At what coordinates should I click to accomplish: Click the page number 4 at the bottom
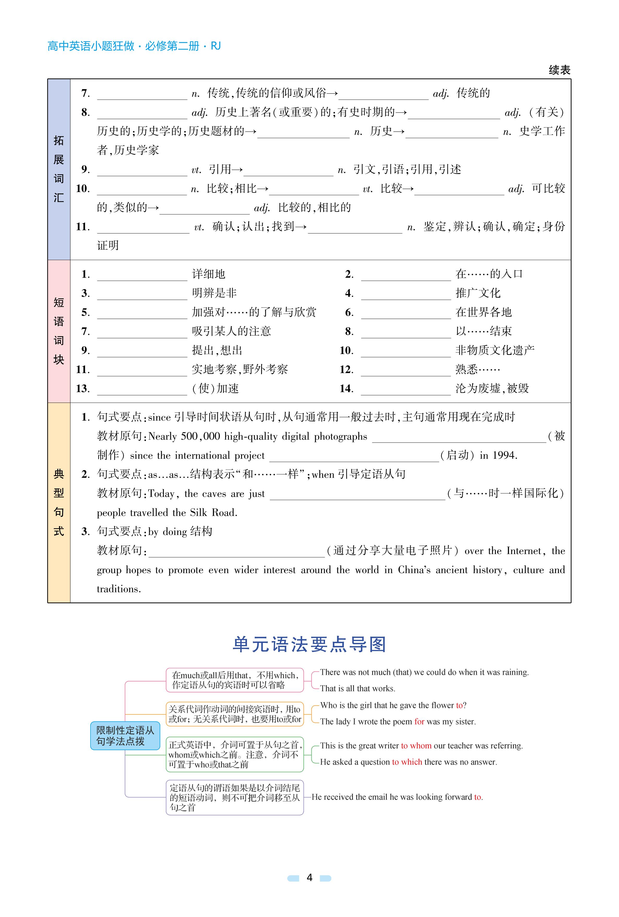coord(309,878)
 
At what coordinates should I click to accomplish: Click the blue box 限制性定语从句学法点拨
coord(125,736)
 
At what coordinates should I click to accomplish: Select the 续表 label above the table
coord(559,70)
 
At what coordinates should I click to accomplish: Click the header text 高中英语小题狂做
coord(91,46)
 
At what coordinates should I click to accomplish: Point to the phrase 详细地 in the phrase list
coord(208,274)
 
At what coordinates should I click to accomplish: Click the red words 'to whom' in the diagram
coord(416,746)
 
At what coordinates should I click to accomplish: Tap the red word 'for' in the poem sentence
coord(419,721)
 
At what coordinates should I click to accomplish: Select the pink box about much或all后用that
coord(235,680)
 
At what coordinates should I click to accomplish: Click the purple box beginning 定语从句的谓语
coord(235,797)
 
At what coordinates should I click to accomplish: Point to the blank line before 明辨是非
coord(142,296)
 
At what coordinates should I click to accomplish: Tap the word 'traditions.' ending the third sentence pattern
coord(119,589)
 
